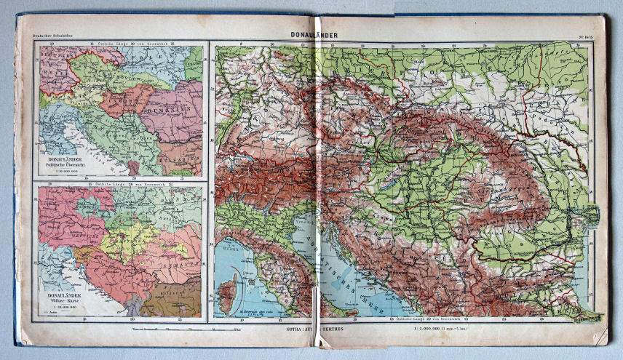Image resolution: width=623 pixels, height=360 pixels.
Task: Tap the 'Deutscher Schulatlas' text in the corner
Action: (x=44, y=37)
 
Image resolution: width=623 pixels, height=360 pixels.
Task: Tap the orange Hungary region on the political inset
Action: (x=124, y=98)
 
